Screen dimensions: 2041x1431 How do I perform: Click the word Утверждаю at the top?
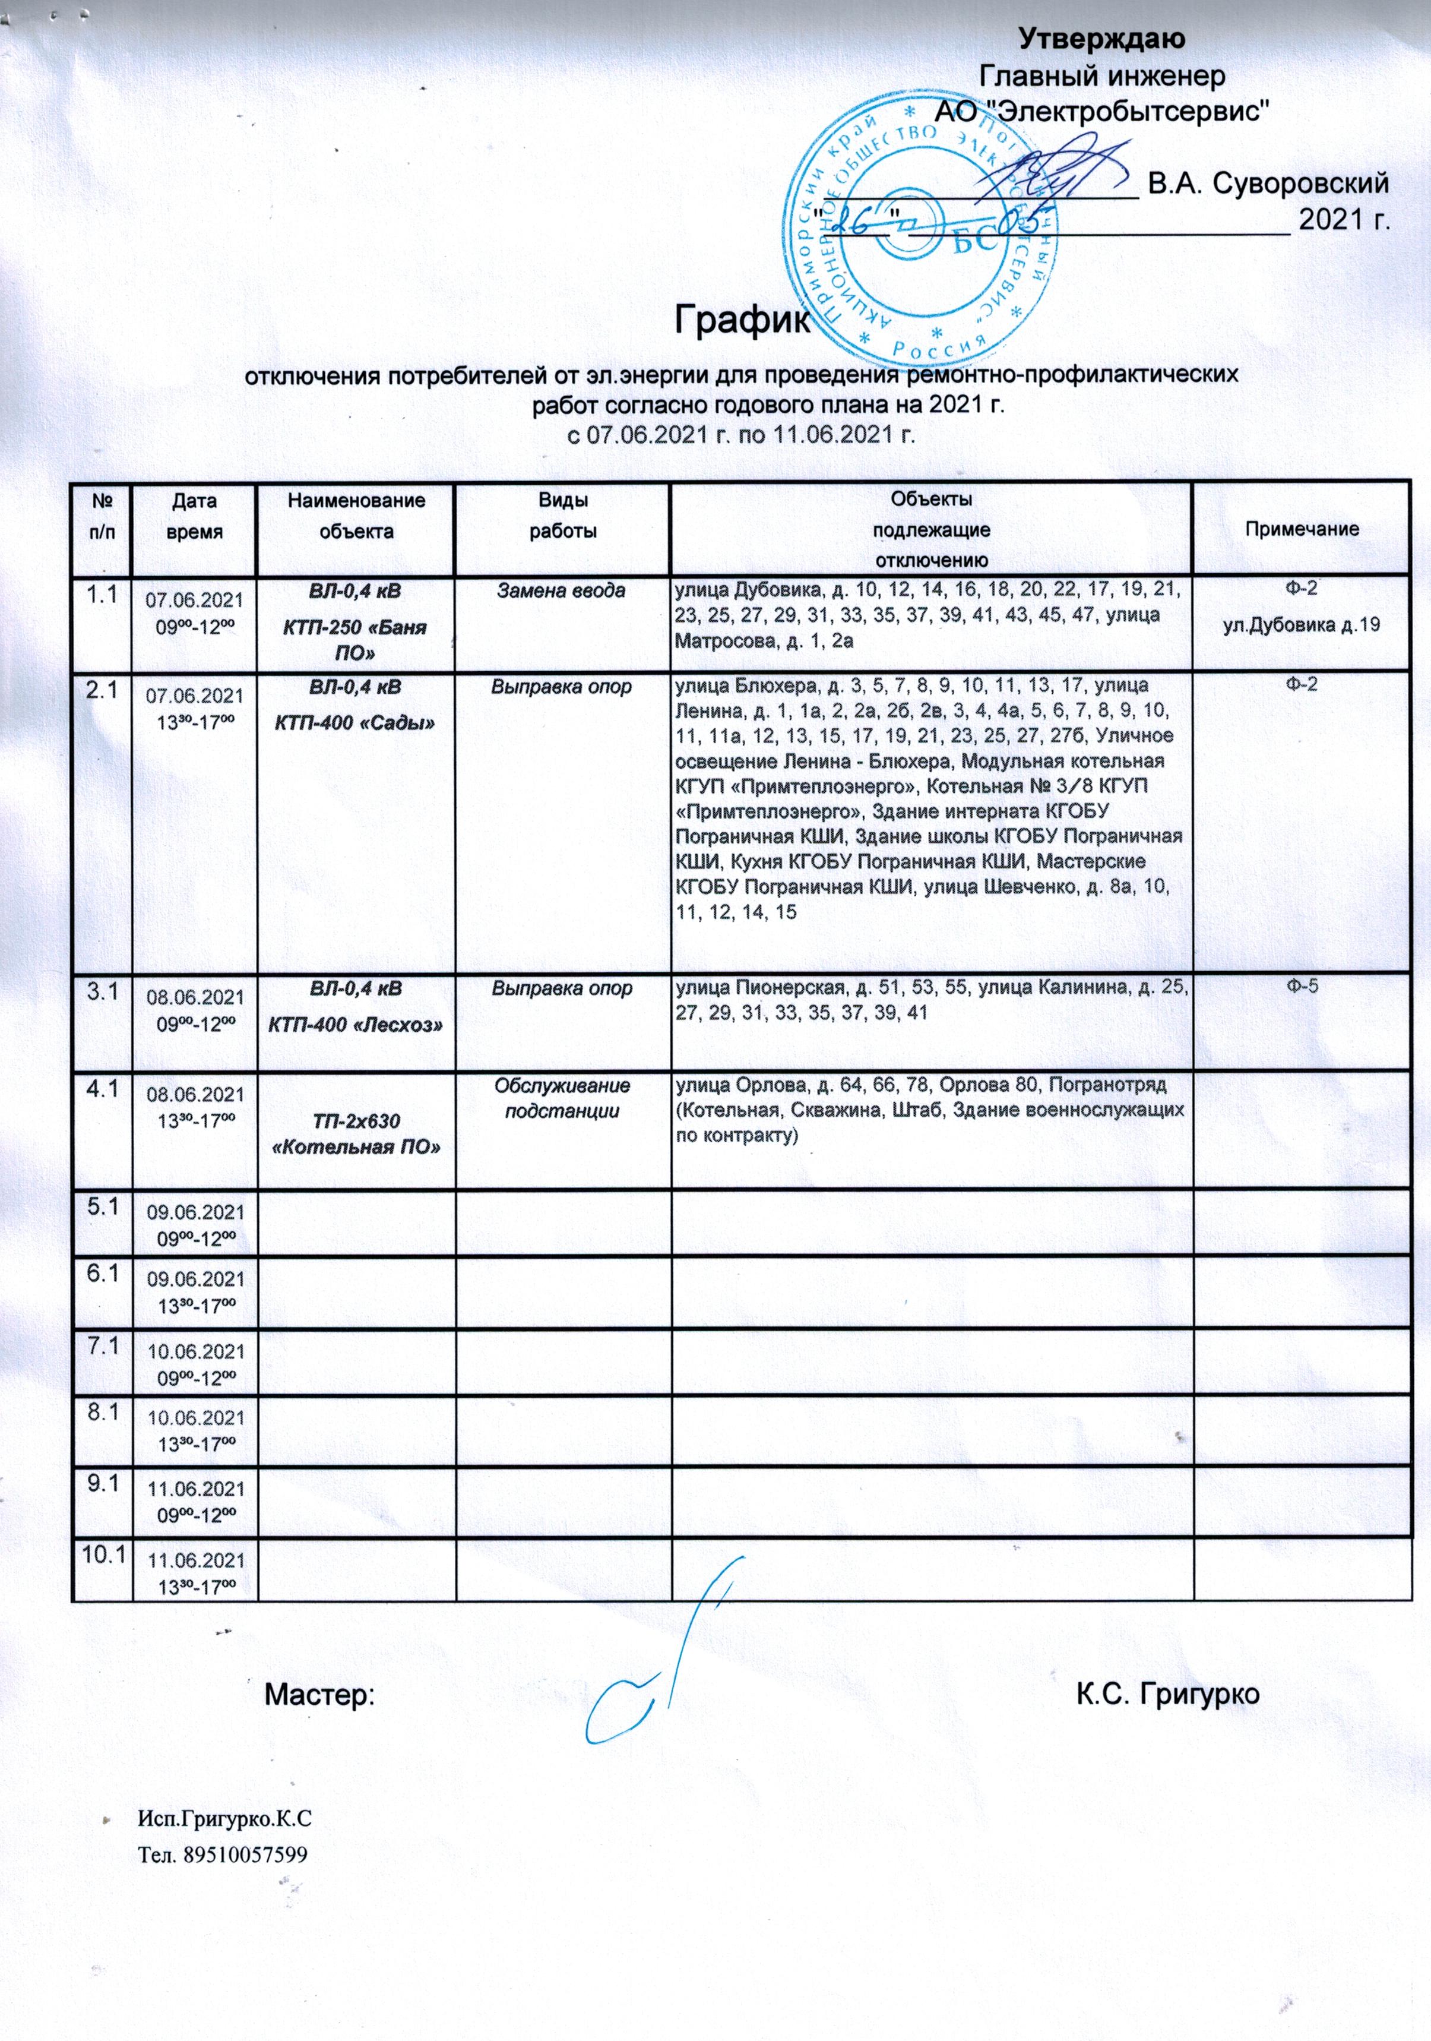pos(1101,39)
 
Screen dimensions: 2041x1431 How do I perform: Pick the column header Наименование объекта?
pos(356,516)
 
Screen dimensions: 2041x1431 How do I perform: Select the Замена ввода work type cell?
pos(561,590)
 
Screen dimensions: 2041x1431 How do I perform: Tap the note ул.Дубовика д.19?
pos(1301,625)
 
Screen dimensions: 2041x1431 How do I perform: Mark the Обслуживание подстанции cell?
pos(562,1098)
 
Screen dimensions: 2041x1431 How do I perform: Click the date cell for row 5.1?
pos(195,1225)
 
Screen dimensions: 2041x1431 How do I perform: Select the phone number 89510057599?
pos(245,1855)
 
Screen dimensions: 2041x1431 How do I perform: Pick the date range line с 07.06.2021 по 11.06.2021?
pos(740,435)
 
